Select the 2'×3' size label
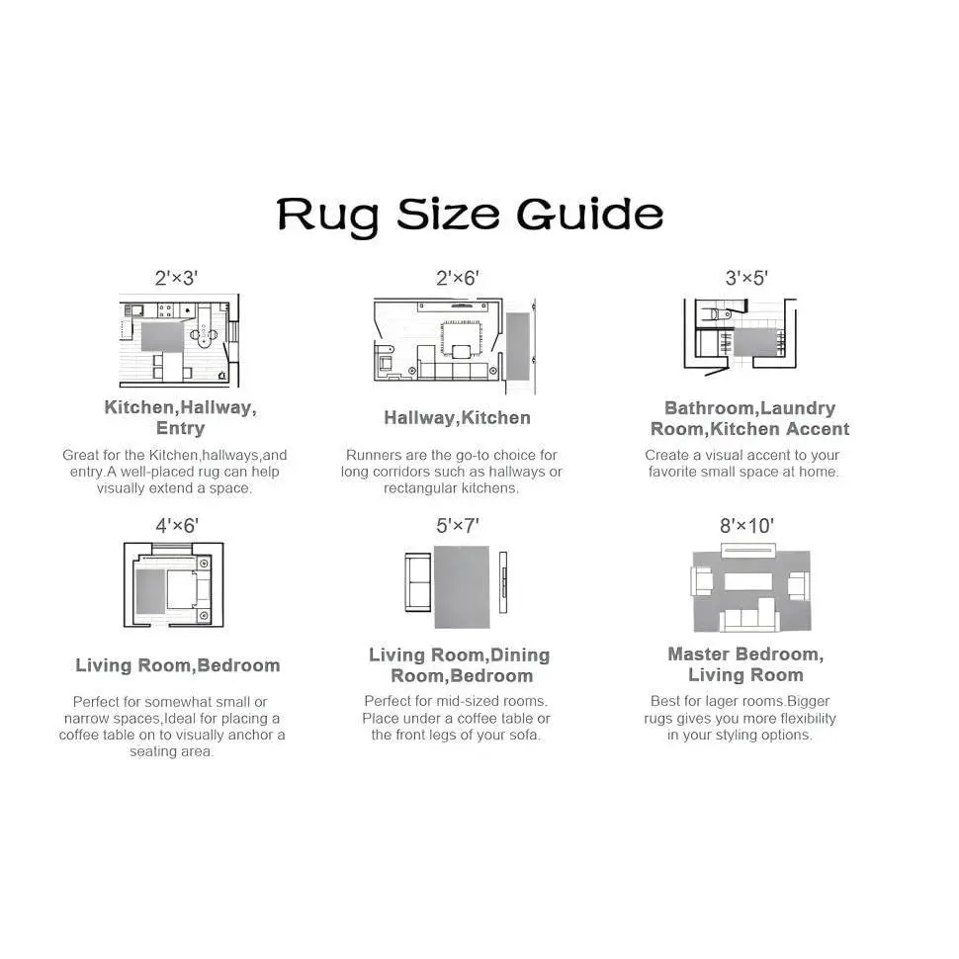click(x=176, y=278)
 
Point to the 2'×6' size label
click(x=458, y=278)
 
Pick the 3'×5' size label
click(x=746, y=278)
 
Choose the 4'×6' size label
click(x=177, y=526)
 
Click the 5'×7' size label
click(x=458, y=526)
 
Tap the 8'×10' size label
click(x=746, y=526)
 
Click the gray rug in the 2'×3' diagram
click(x=162, y=336)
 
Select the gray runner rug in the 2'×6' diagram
click(x=517, y=346)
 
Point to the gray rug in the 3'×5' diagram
click(x=755, y=342)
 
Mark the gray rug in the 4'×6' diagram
click(x=150, y=591)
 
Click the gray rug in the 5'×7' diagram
click(x=462, y=587)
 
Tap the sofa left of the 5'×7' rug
click(x=418, y=582)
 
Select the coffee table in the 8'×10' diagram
click(x=748, y=581)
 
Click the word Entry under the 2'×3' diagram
click(x=180, y=428)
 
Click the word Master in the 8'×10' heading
click(x=699, y=654)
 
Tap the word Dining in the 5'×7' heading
click(x=520, y=655)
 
